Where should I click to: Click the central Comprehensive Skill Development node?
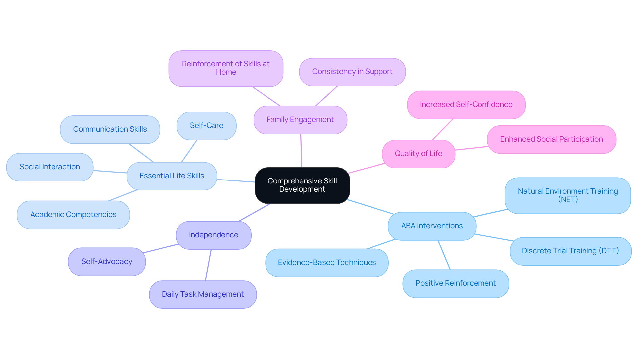pyautogui.click(x=302, y=185)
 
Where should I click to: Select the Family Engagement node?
pyautogui.click(x=300, y=120)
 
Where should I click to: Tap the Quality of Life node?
pyautogui.click(x=418, y=154)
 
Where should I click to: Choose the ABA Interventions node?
pyautogui.click(x=432, y=226)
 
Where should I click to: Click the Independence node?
pyautogui.click(x=213, y=235)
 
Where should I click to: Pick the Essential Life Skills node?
pyautogui.click(x=172, y=176)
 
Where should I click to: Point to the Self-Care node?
pyautogui.click(x=206, y=126)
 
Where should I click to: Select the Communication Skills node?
pyautogui.click(x=110, y=129)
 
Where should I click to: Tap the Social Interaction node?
pyautogui.click(x=50, y=167)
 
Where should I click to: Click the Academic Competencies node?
pyautogui.click(x=73, y=215)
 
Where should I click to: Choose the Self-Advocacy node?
pyautogui.click(x=107, y=262)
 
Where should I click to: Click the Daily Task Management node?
pyautogui.click(x=203, y=294)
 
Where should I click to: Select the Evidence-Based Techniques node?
pyautogui.click(x=327, y=263)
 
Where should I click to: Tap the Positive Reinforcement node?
pyautogui.click(x=456, y=283)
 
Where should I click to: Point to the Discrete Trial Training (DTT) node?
pyautogui.click(x=570, y=251)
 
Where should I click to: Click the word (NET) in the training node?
pyautogui.click(x=568, y=200)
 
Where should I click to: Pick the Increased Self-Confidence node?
pyautogui.click(x=466, y=105)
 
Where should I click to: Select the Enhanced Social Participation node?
pyautogui.click(x=552, y=139)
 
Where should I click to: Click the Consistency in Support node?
pyautogui.click(x=352, y=72)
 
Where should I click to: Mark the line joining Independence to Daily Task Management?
pyautogui.click(x=208, y=265)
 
